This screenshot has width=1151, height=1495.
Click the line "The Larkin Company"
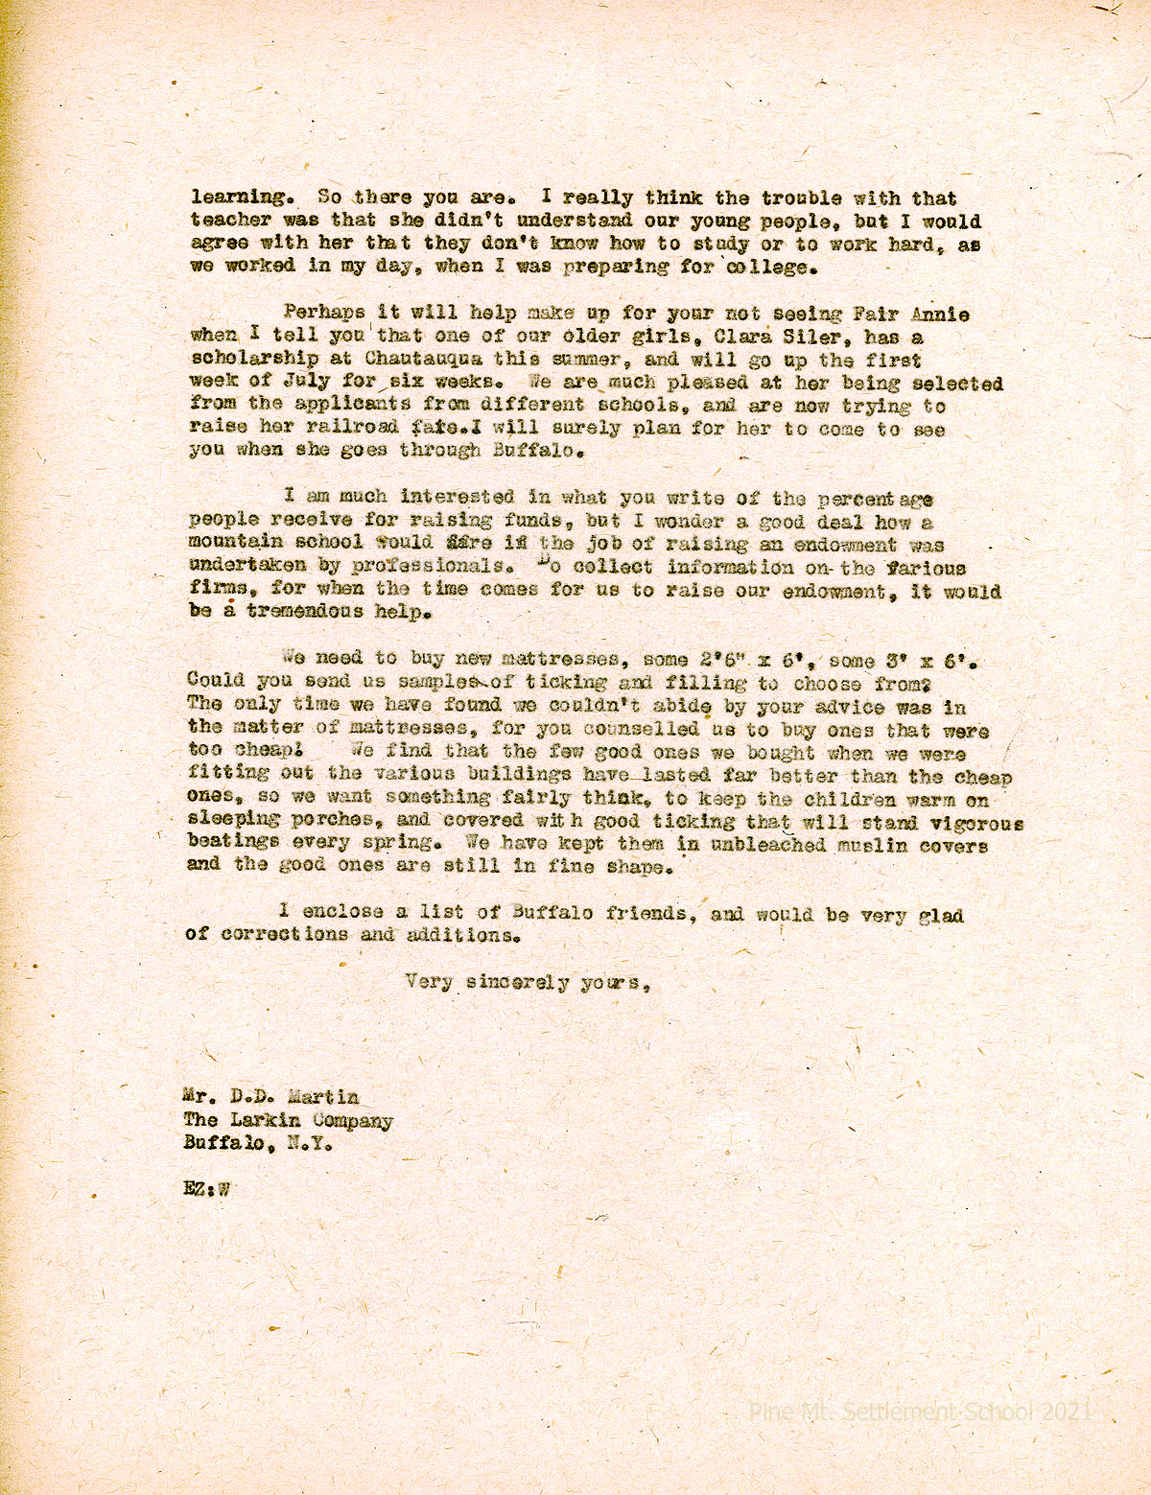[288, 1121]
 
